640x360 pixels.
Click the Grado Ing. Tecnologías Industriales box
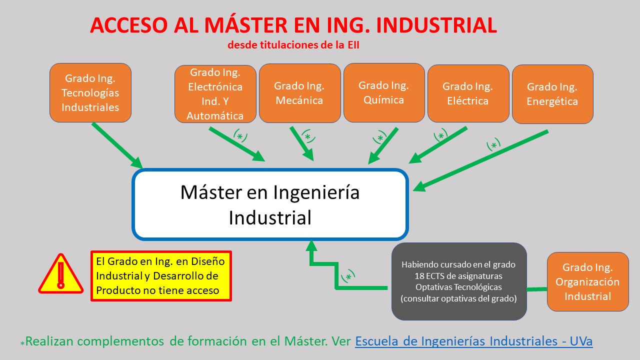coord(90,93)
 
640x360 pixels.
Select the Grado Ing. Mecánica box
coord(299,93)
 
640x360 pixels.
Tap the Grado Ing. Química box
coord(384,93)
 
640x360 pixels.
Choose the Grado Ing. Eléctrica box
coord(468,93)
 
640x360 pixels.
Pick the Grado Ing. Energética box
coord(552,94)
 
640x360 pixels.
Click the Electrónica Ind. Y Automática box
coord(215,94)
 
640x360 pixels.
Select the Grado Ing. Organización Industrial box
coord(587,281)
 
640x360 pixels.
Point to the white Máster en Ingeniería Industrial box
coord(270,204)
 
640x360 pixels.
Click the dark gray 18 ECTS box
coord(459,281)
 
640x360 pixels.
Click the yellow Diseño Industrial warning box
coord(161,276)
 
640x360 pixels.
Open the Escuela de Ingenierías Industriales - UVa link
coord(473,341)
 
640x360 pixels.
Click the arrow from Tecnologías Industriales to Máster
coord(117,145)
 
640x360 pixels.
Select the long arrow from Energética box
coord(480,161)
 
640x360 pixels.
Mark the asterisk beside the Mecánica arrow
coord(307,137)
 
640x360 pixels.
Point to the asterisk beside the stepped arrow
coord(348,277)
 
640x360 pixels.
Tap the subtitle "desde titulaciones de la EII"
coord(293,45)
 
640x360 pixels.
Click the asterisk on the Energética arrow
coord(493,145)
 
